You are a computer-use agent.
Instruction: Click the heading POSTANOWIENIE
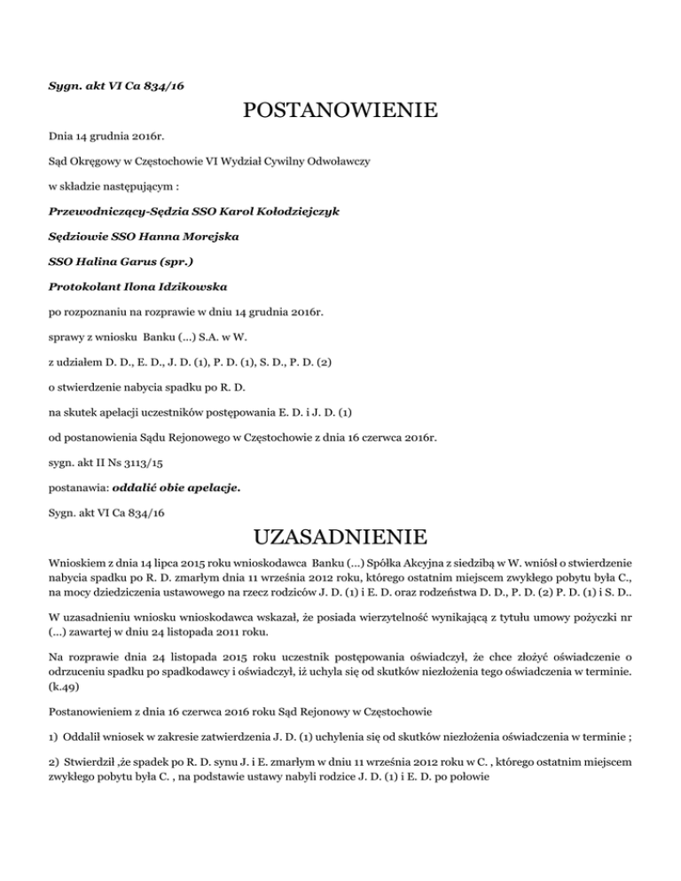pos(340,112)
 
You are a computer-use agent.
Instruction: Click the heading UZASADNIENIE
pos(340,537)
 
